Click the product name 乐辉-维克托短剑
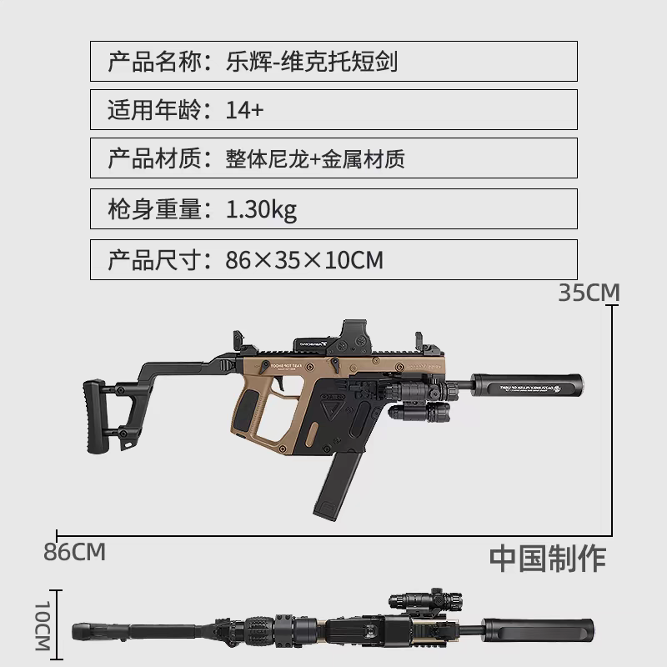coord(318,61)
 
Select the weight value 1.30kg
coord(261,210)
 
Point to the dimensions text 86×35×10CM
coord(304,260)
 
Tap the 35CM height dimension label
coord(589,293)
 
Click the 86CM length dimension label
coord(75,552)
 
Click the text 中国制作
coord(548,558)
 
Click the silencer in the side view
coord(528,386)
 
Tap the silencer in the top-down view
coord(542,626)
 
